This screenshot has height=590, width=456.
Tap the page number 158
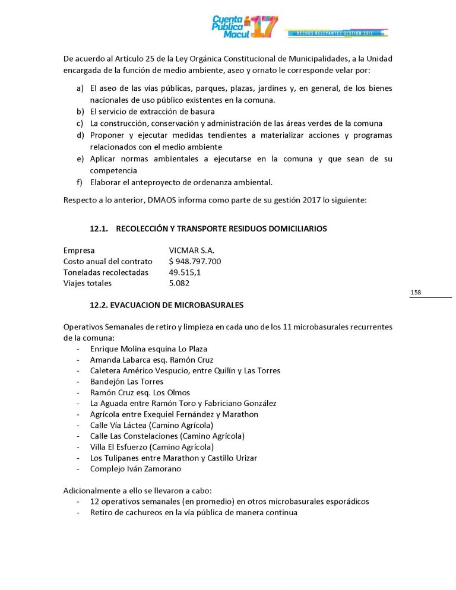pos(416,293)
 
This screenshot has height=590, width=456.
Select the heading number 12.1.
pos(98,229)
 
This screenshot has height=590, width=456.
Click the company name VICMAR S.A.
pos(191,250)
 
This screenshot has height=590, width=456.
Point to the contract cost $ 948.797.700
pos(195,261)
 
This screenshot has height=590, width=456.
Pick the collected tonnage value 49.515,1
pos(185,272)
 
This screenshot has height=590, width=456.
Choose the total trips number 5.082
pos(179,283)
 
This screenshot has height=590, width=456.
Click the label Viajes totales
pos(87,283)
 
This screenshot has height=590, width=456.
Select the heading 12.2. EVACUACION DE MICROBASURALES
pos(166,305)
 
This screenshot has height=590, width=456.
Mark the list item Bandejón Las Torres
pos(126,382)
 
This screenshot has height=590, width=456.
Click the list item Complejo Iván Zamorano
pos(135,469)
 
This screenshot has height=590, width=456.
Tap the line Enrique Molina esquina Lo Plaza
pos(148,349)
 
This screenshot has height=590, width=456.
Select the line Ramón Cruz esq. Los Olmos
pos(140,392)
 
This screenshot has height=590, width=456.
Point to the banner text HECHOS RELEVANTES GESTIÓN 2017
pos(337,33)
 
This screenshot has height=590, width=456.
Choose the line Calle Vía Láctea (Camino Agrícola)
pos(151,425)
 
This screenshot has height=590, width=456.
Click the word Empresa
pos(79,250)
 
